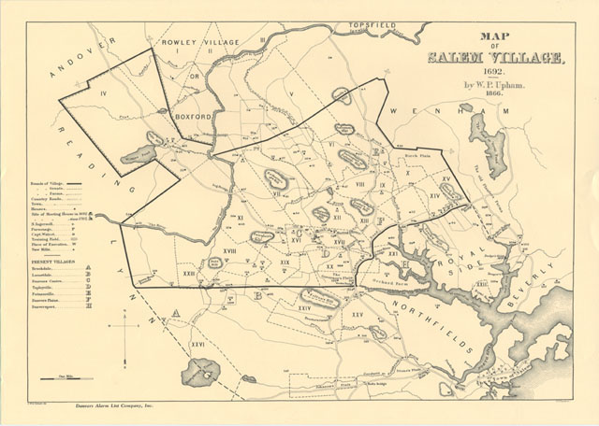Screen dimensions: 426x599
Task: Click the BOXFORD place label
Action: [x=195, y=118]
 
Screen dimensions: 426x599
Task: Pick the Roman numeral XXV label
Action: [x=357, y=316]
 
